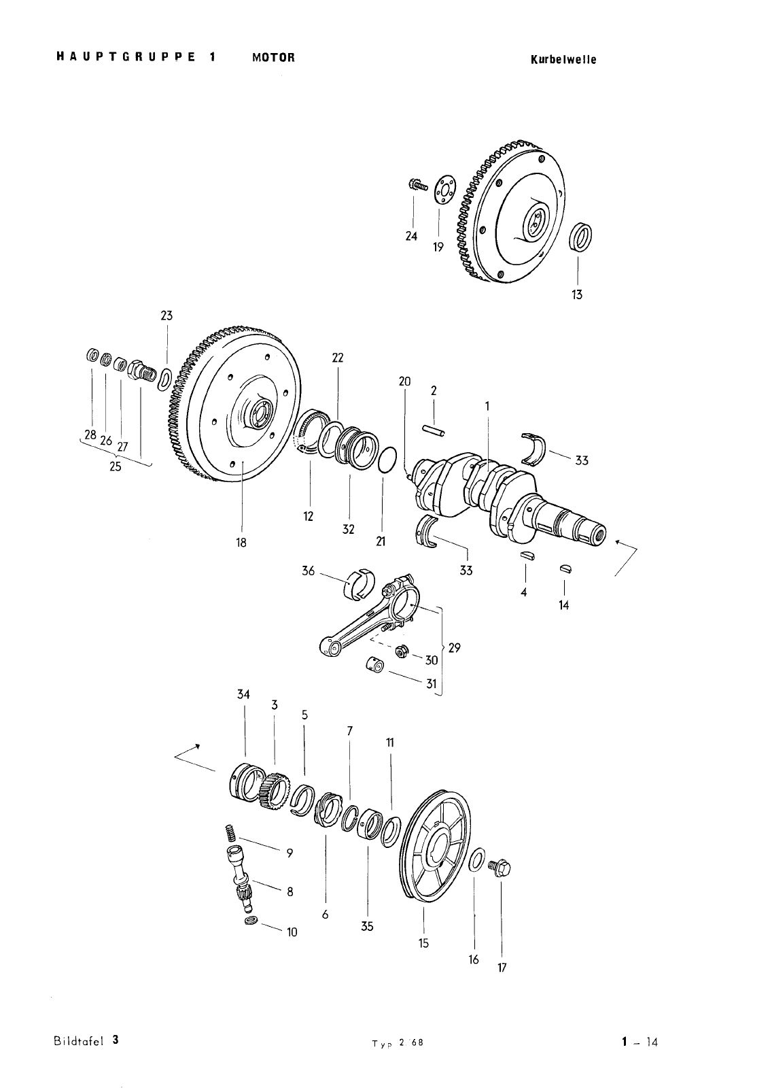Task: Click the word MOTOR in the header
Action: (x=273, y=57)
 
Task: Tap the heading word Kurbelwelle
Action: (x=563, y=60)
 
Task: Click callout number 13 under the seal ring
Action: (x=577, y=294)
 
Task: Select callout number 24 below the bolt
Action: (x=411, y=236)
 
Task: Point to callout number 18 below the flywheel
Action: (x=241, y=543)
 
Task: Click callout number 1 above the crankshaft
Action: (x=487, y=405)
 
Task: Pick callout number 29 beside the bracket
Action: (x=455, y=647)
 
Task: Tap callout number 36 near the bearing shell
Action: (x=309, y=571)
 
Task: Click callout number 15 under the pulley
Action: (x=423, y=942)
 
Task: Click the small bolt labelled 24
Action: (x=417, y=184)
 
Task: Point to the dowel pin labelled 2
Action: (x=434, y=430)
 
